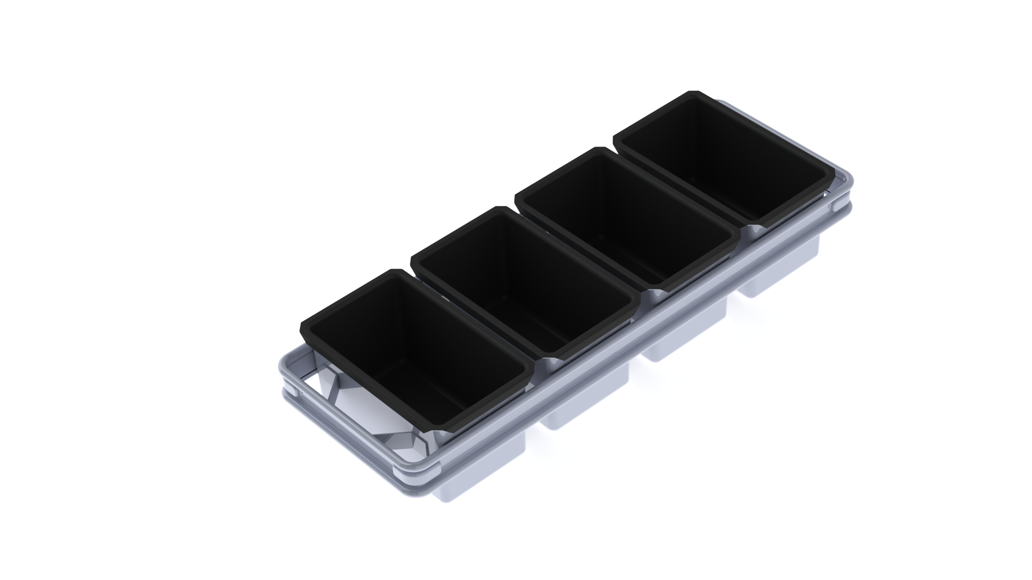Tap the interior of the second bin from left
click(524, 290)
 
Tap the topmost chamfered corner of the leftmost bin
click(396, 271)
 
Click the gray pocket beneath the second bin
click(586, 403)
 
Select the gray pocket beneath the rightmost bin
click(779, 274)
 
